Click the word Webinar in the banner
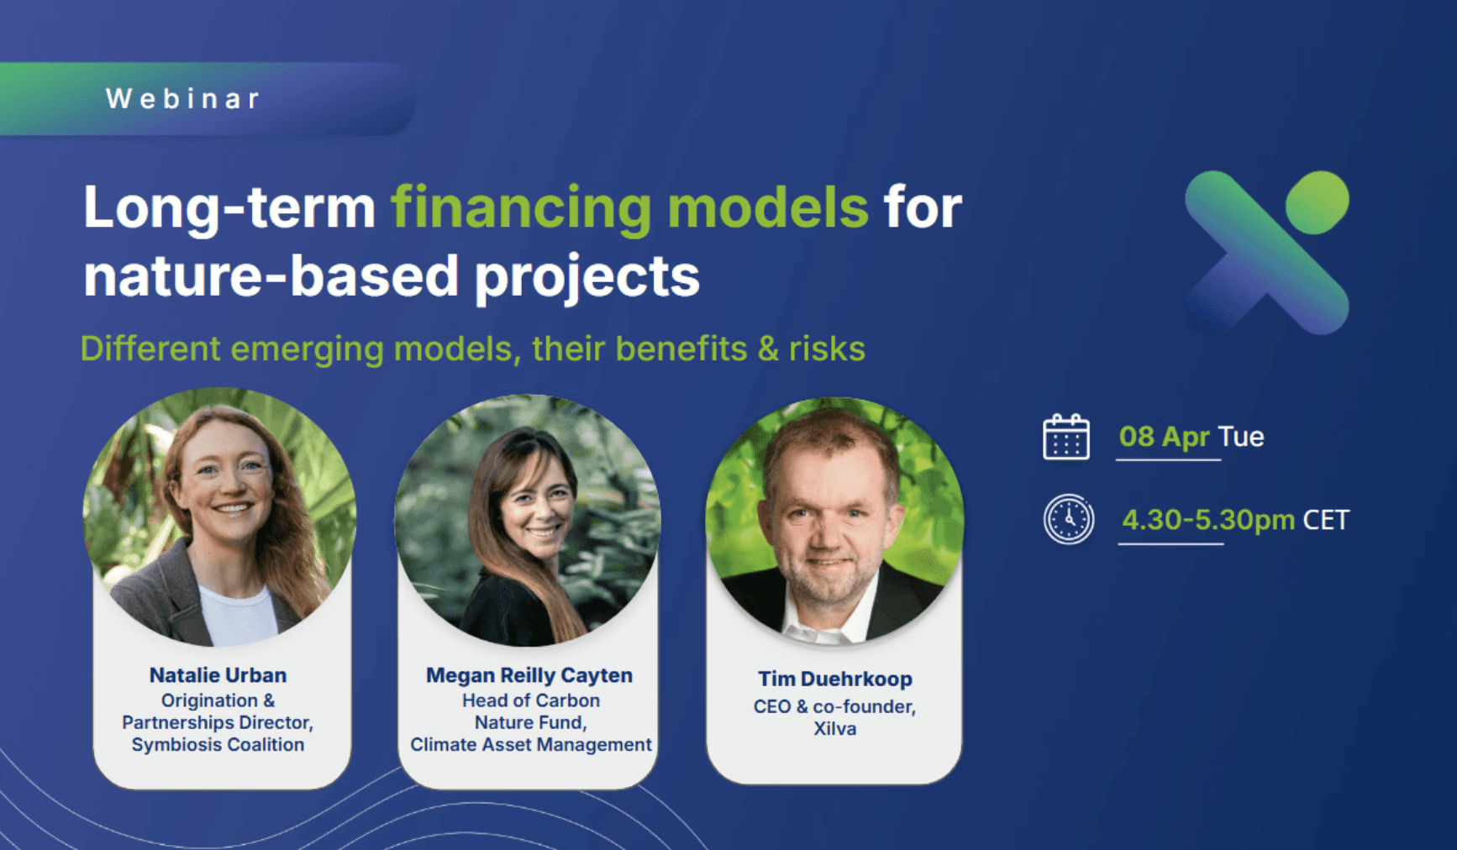pos(183,98)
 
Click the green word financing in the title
pos(521,208)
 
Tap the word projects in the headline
pos(586,277)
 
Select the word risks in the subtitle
pos(827,349)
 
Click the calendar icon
pos(1066,437)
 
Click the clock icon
pos(1069,519)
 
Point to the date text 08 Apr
pos(1165,437)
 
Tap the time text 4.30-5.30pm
pos(1208,520)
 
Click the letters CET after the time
pos(1326,520)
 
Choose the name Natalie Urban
pos(218,675)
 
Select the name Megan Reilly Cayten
pos(529,675)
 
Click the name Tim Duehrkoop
pos(835,679)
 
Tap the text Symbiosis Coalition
pos(218,744)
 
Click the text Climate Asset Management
pos(530,744)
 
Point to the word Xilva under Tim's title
pos(835,728)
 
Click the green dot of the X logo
pos(1318,202)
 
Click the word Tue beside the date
pos(1241,437)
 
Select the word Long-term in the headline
pos(229,208)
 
